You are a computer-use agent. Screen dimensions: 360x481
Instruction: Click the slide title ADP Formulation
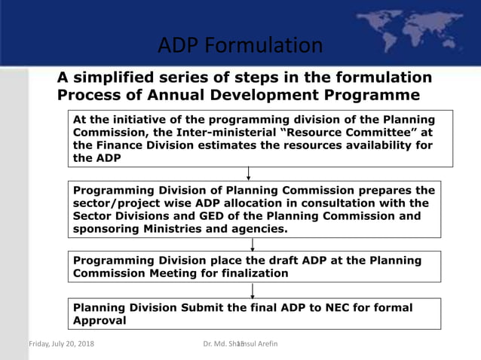click(x=240, y=45)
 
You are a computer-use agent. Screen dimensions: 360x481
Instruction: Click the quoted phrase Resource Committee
click(x=348, y=133)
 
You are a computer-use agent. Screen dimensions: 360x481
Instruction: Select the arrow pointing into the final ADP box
click(x=253, y=290)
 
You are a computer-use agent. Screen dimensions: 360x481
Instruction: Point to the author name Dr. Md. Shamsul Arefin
click(x=241, y=345)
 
